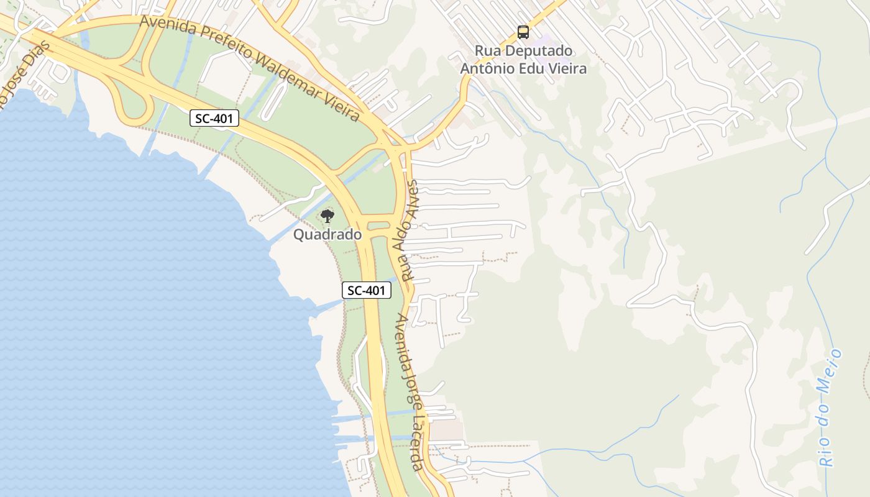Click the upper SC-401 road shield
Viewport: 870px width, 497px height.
point(214,118)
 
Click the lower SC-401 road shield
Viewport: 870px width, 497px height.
point(367,290)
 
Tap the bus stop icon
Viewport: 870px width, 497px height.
point(523,32)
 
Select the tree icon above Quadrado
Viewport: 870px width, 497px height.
point(327,216)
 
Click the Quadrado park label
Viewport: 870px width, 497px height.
point(327,235)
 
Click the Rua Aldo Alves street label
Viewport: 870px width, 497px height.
point(411,230)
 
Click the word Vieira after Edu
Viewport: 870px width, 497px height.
point(565,68)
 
